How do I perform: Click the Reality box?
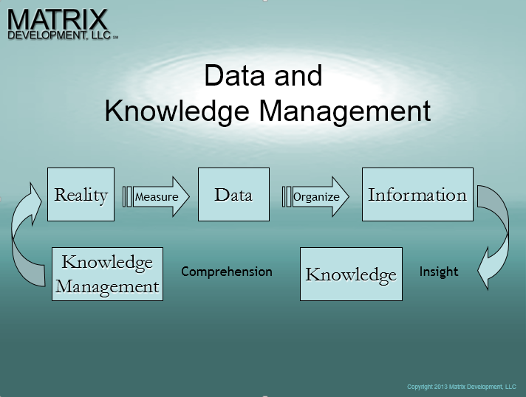(x=81, y=194)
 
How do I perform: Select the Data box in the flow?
(x=233, y=194)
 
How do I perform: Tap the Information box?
(x=417, y=194)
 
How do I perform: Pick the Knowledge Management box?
(x=107, y=274)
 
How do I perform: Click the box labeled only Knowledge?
(x=351, y=274)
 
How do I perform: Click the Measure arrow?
(x=161, y=197)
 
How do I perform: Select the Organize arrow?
(x=321, y=197)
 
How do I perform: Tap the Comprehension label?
(x=227, y=272)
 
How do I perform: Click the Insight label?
(x=439, y=272)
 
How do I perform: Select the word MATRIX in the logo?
(x=58, y=20)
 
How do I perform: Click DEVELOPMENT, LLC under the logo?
(x=59, y=35)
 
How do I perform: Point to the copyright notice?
(x=462, y=387)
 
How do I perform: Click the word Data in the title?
(x=234, y=75)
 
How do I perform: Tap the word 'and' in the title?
(x=298, y=75)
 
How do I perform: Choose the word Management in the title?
(x=345, y=112)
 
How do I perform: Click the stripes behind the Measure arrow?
(x=127, y=197)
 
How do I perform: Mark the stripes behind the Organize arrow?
(x=287, y=197)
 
